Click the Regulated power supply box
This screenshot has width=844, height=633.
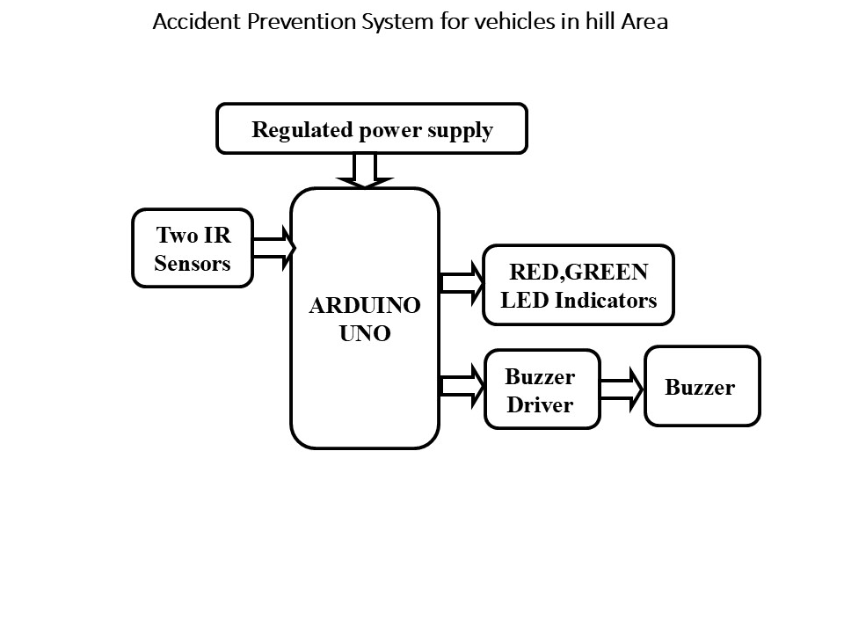372,129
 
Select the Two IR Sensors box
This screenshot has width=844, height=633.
193,249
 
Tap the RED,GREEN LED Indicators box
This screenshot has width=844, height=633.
578,286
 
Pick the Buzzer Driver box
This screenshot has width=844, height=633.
542,389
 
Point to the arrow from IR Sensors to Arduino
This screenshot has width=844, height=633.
273,249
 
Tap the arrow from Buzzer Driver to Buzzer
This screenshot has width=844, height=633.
622,388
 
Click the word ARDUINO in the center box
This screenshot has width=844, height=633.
364,306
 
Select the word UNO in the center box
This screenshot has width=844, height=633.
364,335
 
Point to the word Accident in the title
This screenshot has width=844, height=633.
188,22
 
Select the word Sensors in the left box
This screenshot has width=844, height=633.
192,264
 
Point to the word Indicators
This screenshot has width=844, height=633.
604,301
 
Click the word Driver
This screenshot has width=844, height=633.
540,405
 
